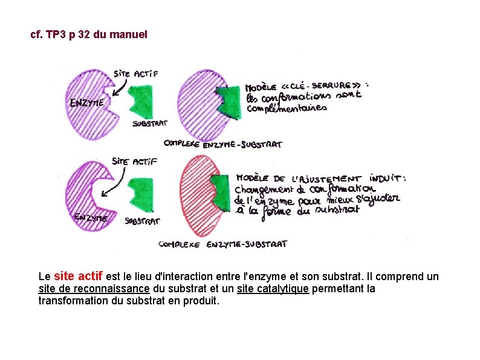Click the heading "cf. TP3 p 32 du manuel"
point(88,34)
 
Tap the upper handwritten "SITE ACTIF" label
point(136,73)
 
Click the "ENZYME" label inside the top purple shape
point(86,103)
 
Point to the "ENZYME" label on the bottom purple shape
point(91,217)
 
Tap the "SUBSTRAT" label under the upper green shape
point(149,124)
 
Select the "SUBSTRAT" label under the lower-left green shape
point(142,221)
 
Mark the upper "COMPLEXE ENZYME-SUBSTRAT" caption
point(223,144)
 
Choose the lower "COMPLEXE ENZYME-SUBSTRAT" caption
point(222,244)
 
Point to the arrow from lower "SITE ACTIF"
point(115,183)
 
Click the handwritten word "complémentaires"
point(287,109)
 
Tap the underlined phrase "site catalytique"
point(273,289)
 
